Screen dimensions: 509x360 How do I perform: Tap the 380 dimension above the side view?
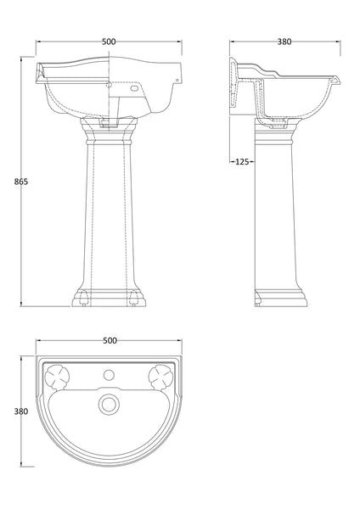285,40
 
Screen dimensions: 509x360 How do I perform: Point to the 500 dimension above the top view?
110,340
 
